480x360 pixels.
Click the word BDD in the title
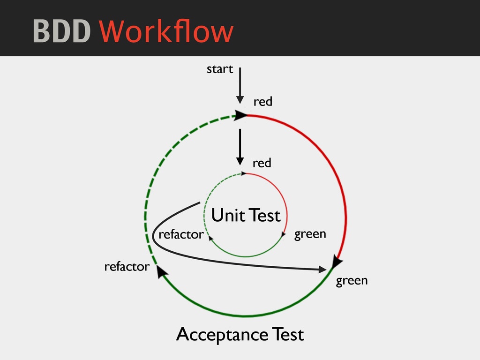61,32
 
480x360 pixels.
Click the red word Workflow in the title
166,32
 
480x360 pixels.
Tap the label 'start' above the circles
220,69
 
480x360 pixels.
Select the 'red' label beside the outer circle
262,102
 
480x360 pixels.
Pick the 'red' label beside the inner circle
262,163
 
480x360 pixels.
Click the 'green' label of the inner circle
310,234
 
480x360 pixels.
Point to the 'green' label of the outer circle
352,281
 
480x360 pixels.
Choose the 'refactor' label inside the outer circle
181,234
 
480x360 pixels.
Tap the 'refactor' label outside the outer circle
127,267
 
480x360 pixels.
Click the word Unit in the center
228,216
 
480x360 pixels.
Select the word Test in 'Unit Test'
265,216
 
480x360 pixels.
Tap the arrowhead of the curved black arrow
322,270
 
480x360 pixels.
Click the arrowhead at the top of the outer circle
241,115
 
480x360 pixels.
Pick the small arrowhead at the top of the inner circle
243,173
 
